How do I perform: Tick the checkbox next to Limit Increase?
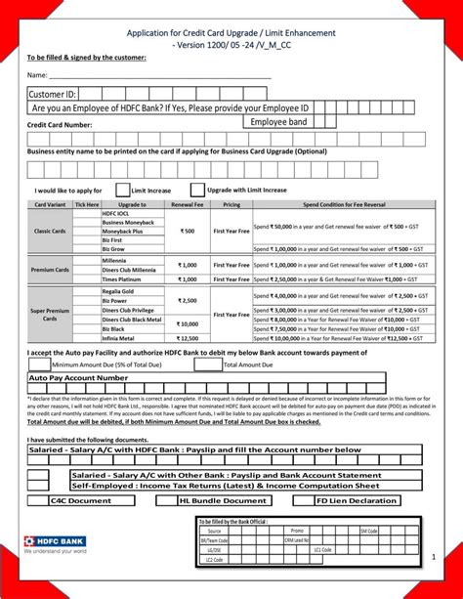click(122, 190)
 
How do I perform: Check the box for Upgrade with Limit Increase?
click(197, 190)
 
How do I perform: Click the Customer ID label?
click(52, 94)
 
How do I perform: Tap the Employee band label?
click(278, 122)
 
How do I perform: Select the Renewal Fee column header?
click(187, 205)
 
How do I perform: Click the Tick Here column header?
click(87, 205)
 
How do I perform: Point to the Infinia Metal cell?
click(118, 338)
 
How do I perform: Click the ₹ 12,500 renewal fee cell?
click(187, 338)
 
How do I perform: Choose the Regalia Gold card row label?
click(118, 291)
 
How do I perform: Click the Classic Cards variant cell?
click(50, 232)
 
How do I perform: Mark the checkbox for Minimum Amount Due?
click(39, 364)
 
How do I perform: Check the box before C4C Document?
click(38, 500)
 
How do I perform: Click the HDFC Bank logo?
click(55, 543)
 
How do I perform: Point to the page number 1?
click(433, 556)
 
